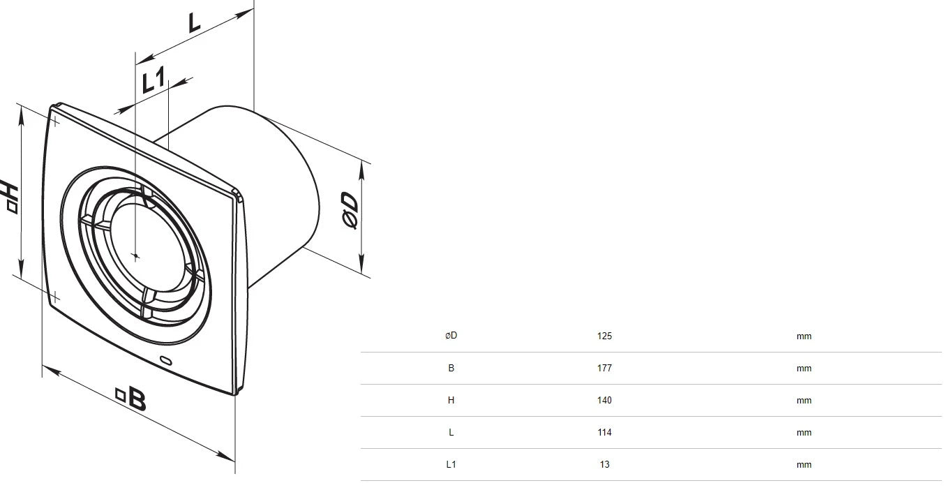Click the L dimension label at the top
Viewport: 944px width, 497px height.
point(194,23)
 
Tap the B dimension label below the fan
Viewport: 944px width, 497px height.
point(131,398)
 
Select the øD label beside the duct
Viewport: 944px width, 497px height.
point(350,210)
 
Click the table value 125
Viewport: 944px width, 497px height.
point(604,336)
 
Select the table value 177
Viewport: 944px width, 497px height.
point(604,368)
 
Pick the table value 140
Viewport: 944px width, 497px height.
point(604,400)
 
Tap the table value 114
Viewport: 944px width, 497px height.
point(604,432)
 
